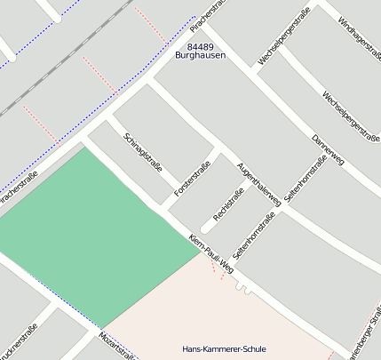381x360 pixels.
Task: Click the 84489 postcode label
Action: click(201, 46)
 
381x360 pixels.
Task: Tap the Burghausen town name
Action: click(201, 56)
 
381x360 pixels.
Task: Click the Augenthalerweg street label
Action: click(258, 184)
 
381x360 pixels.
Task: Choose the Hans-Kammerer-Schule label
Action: click(223, 349)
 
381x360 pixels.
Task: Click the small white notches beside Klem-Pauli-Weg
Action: click(239, 288)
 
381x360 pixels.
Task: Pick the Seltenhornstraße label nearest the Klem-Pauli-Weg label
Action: click(254, 234)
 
